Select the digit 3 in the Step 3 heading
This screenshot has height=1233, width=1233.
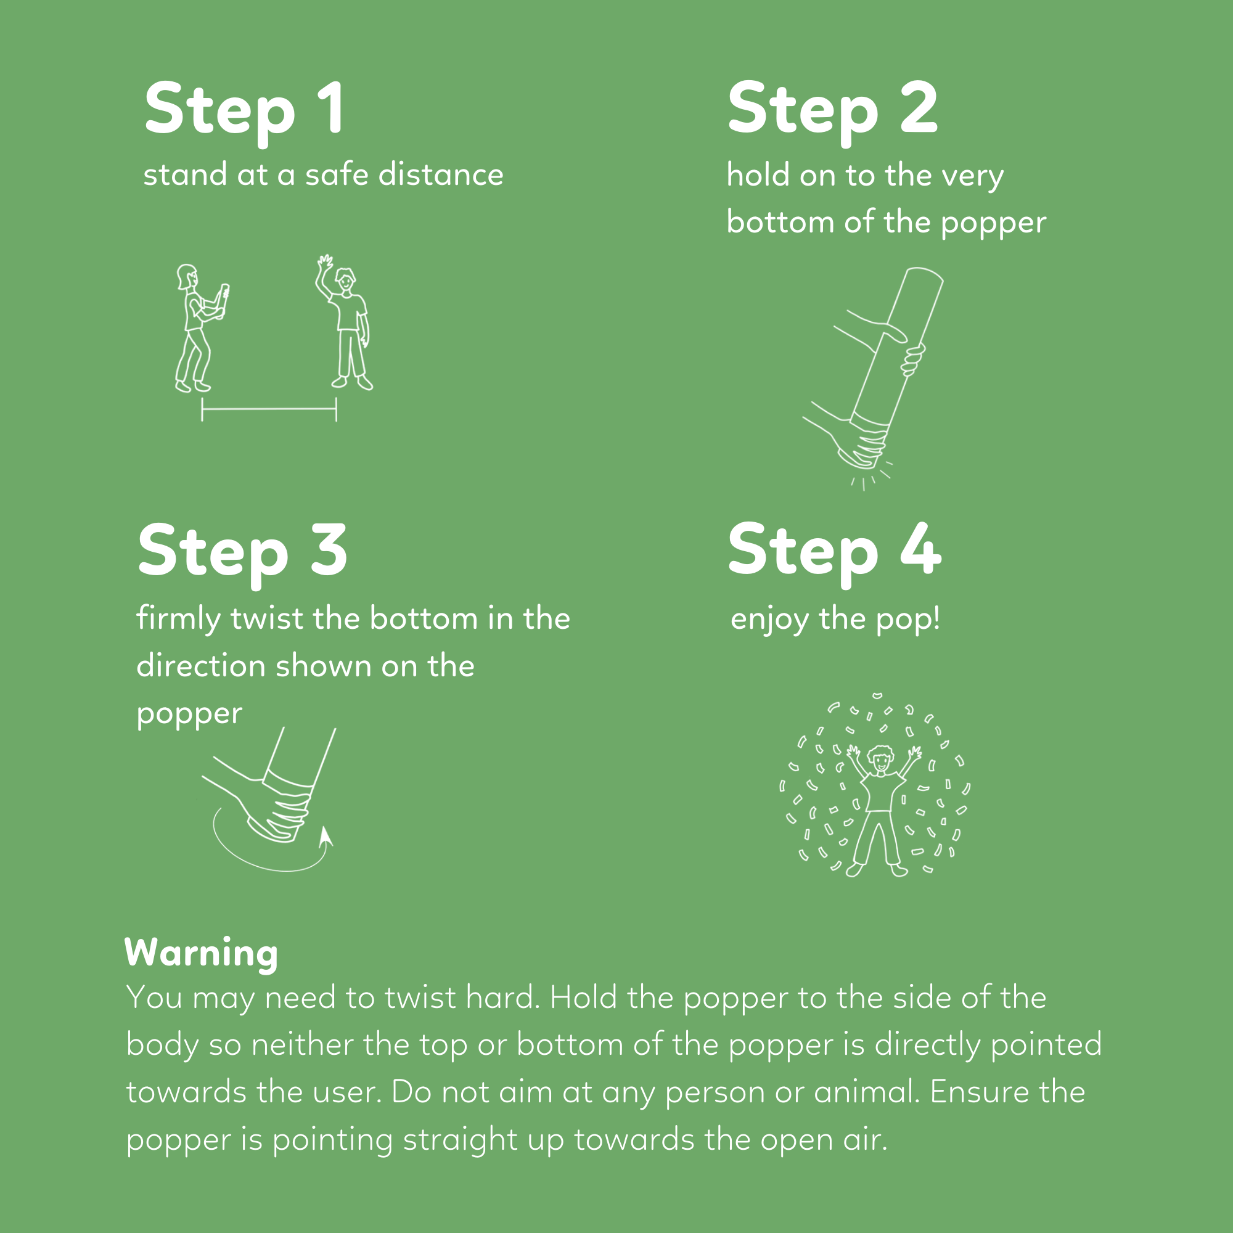(329, 549)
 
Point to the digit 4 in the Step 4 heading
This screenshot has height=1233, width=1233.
(921, 549)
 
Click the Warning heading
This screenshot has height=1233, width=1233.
(201, 954)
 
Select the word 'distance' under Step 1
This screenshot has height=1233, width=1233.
(441, 174)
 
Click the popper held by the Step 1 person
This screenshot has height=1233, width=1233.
(223, 300)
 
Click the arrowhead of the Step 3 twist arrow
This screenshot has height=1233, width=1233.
(326, 835)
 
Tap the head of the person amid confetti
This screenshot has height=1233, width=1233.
(881, 760)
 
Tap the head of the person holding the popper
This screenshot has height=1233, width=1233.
(186, 276)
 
